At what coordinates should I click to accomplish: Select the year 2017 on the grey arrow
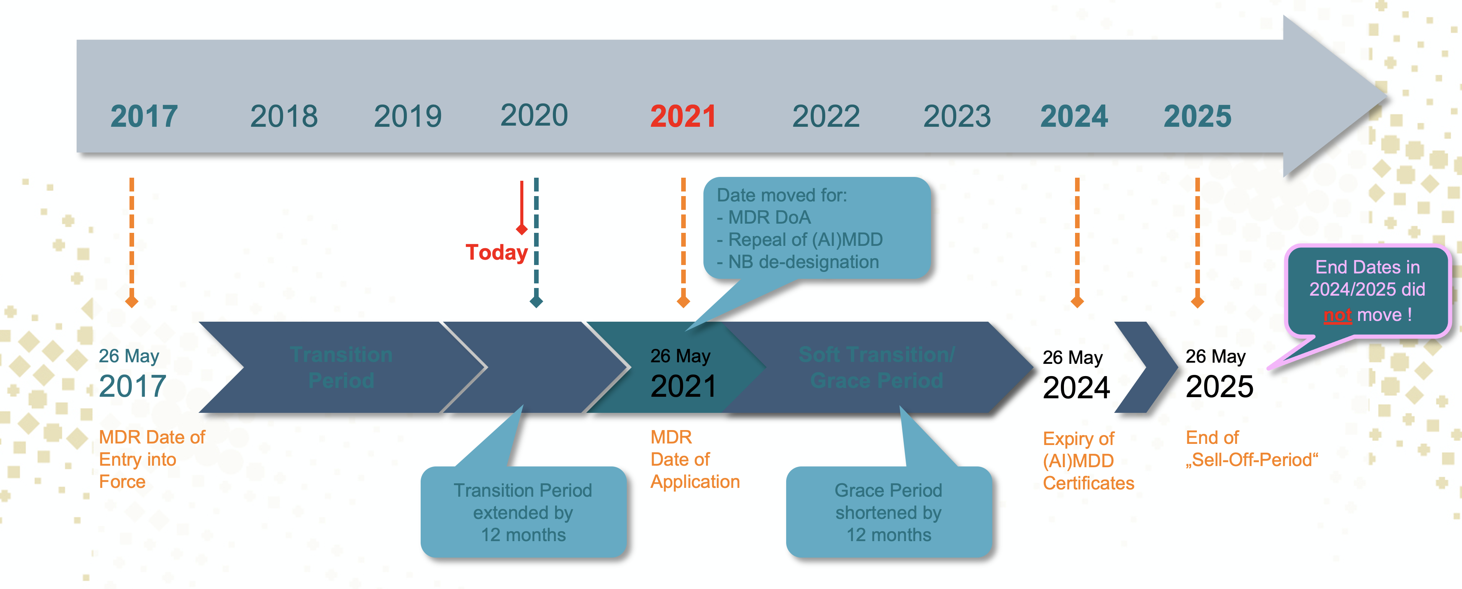tap(144, 116)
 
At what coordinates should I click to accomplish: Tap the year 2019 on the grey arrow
tap(408, 116)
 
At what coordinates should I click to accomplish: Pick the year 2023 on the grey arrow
tap(957, 116)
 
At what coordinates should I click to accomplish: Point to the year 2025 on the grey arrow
tap(1198, 116)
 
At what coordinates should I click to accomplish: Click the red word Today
tap(497, 252)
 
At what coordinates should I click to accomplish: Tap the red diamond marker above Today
tap(521, 229)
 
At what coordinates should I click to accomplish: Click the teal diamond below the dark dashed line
tap(536, 301)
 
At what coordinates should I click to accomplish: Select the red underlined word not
tap(1337, 315)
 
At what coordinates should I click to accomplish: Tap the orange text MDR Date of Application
tap(695, 459)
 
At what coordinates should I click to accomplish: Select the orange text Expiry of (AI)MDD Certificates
tap(1088, 461)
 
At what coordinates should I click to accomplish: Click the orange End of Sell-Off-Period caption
tap(1251, 449)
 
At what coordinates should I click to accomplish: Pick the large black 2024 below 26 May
tap(1076, 388)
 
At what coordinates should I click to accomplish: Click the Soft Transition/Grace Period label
tap(877, 367)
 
